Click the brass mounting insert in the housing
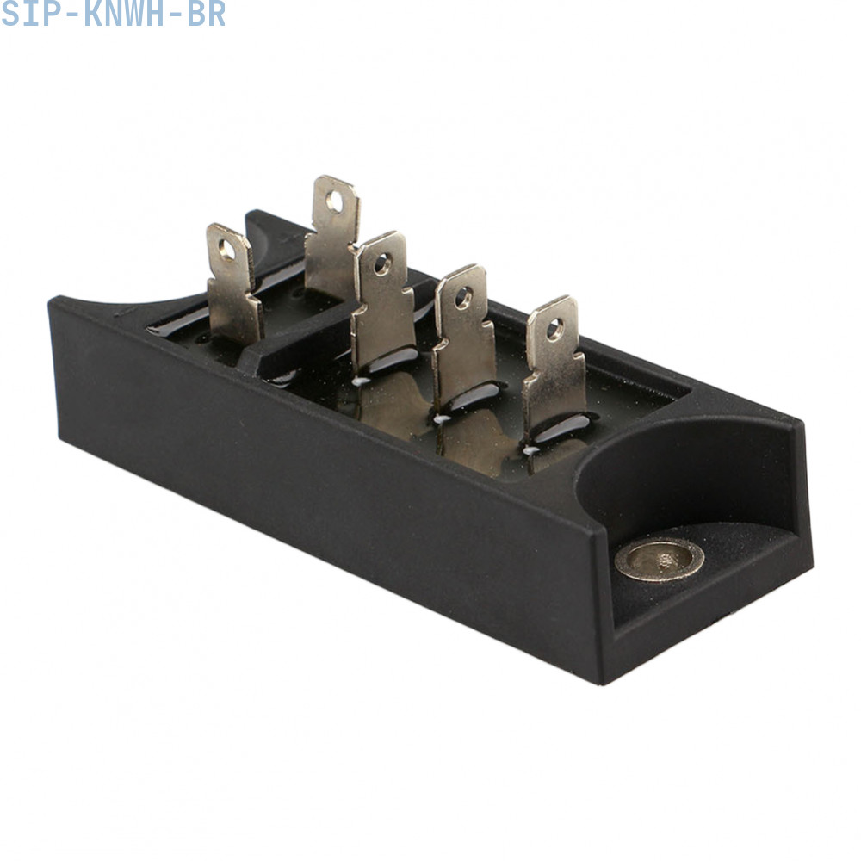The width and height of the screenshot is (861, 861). point(659,559)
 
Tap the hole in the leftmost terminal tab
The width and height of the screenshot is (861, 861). point(226,250)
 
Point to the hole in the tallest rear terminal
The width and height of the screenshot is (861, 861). point(334,201)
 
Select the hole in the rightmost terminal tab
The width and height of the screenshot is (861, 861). point(554,329)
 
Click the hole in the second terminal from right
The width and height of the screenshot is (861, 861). point(463,298)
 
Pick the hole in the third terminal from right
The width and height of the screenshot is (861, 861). point(382,264)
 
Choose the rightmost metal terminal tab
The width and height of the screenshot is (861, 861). point(554,368)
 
